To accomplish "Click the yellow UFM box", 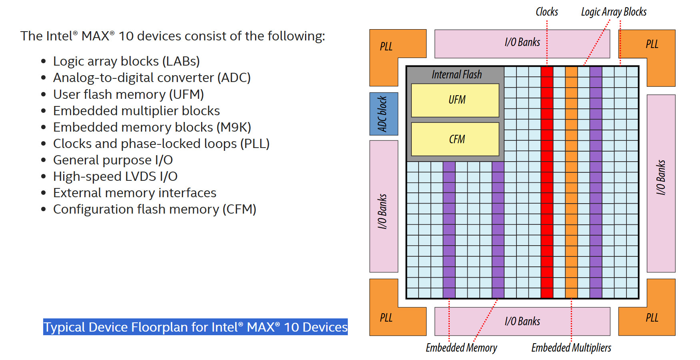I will point(455,100).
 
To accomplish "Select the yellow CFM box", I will point(455,139).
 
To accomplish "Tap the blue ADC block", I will point(383,114).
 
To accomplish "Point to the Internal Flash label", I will point(457,75).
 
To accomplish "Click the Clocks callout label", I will point(546,12).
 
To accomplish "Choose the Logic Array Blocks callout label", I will point(614,12).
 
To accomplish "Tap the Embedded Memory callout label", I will point(461,348).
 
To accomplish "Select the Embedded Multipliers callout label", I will point(571,348).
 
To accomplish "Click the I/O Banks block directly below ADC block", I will point(383,206).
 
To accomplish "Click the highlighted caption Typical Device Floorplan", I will point(195,327).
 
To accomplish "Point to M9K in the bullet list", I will point(233,127).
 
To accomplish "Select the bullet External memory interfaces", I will point(135,193).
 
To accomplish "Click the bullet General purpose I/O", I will point(113,160).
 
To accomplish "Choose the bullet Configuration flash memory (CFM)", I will point(154,209).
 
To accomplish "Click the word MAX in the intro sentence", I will point(95,36).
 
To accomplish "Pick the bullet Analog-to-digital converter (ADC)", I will point(152,78).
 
